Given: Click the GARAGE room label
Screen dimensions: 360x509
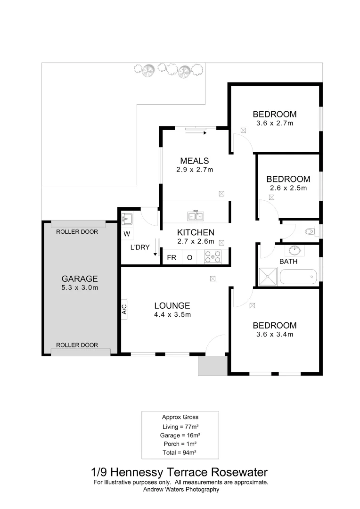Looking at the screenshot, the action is pyautogui.click(x=80, y=279).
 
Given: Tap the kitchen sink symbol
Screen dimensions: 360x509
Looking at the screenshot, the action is pyautogui.click(x=196, y=216).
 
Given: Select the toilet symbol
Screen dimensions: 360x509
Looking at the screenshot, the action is pyautogui.click(x=311, y=231).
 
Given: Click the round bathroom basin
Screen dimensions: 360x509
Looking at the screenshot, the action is pyautogui.click(x=295, y=250).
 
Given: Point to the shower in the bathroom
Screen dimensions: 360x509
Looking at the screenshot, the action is pyautogui.click(x=268, y=277).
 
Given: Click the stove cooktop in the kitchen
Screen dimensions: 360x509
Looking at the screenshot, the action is pyautogui.click(x=213, y=256).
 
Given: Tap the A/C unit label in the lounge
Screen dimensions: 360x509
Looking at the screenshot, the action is pyautogui.click(x=124, y=309).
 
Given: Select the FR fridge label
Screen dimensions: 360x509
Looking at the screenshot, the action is pyautogui.click(x=172, y=257).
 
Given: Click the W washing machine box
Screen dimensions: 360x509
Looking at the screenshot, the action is pyautogui.click(x=127, y=233).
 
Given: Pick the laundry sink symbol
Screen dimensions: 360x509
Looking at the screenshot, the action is pyautogui.click(x=126, y=219).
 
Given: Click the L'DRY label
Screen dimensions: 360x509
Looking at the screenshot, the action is pyautogui.click(x=140, y=247).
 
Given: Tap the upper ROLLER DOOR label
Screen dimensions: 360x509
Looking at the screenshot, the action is pyautogui.click(x=77, y=231).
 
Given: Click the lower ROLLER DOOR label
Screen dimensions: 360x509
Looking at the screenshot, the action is pyautogui.click(x=77, y=345).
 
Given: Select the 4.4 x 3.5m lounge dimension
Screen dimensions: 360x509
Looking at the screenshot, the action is pyautogui.click(x=172, y=314).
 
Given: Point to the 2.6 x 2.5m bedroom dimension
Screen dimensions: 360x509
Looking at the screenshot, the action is pyautogui.click(x=288, y=188).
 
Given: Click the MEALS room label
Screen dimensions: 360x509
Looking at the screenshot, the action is pyautogui.click(x=195, y=161).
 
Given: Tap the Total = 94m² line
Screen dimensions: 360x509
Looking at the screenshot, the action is pyautogui.click(x=180, y=452).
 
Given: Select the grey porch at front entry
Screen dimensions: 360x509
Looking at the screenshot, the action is pyautogui.click(x=213, y=366).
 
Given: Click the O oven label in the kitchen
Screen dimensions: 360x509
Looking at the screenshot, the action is pyautogui.click(x=190, y=257).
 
